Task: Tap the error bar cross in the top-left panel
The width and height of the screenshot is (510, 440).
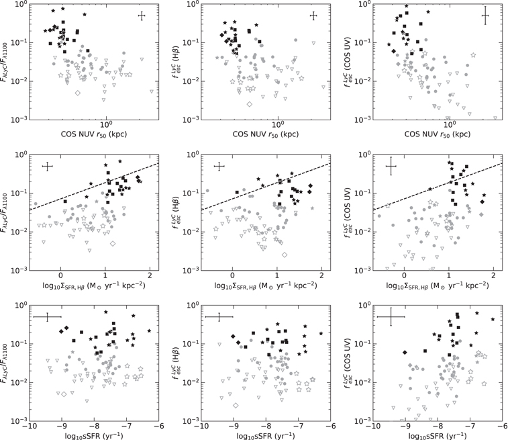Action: (x=142, y=16)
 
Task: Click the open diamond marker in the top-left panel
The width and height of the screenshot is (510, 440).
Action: (x=78, y=93)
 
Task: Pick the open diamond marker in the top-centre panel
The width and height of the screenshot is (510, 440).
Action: (x=249, y=104)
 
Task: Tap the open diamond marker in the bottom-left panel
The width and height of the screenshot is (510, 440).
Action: (x=64, y=394)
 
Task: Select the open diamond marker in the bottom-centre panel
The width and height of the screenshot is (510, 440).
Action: (x=236, y=405)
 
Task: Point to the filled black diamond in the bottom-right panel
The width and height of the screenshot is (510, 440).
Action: (x=405, y=353)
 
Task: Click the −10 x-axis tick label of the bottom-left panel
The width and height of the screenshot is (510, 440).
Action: (x=28, y=427)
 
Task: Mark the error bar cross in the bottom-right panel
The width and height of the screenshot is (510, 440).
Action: (x=391, y=317)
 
